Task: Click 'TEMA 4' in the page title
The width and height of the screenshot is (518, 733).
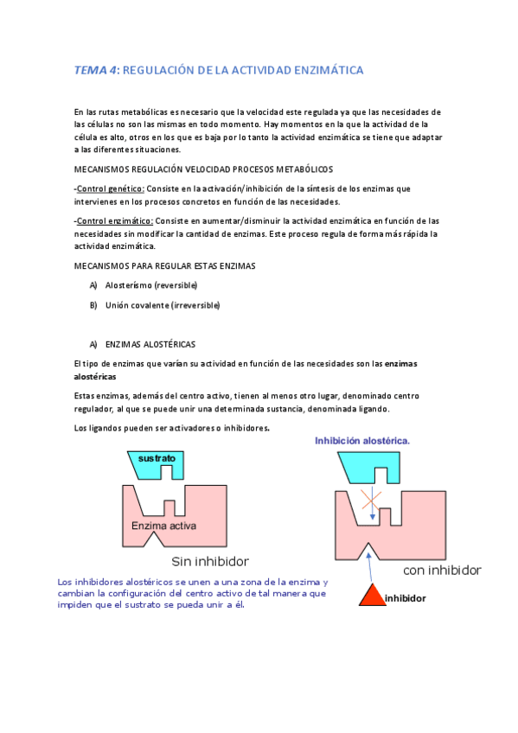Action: click(94, 70)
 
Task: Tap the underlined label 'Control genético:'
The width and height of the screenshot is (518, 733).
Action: click(109, 188)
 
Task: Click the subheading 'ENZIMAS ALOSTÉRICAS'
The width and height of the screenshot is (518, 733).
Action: click(150, 344)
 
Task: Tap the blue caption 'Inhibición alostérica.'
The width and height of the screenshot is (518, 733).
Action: click(362, 441)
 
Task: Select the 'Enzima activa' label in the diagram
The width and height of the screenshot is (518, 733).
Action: click(163, 526)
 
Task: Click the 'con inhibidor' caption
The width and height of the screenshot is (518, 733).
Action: click(442, 570)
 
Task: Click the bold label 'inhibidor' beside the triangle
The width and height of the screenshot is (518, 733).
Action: click(406, 597)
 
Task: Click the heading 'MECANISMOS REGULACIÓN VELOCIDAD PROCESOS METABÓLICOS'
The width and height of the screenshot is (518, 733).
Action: click(203, 169)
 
